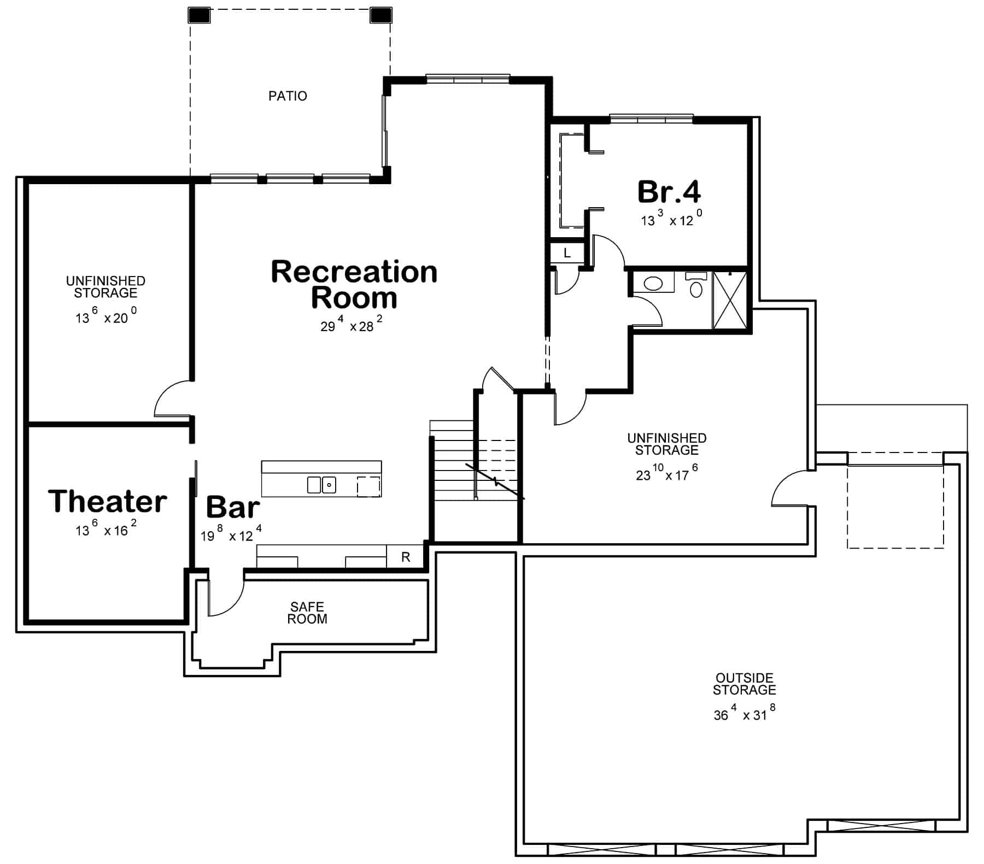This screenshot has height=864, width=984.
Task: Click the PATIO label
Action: (288, 96)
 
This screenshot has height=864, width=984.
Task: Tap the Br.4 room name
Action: (669, 192)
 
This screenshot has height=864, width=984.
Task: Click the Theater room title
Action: (108, 501)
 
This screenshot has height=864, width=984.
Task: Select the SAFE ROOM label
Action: (307, 613)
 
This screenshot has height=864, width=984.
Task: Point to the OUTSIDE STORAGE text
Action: (744, 684)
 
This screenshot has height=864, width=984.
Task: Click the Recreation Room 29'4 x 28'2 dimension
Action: (351, 326)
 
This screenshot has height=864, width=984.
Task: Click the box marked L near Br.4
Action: (567, 253)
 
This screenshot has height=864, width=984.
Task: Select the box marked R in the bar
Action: (406, 557)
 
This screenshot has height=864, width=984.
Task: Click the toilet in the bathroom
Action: (696, 286)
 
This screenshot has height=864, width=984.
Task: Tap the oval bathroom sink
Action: (653, 283)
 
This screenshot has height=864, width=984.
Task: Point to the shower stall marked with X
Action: (730, 300)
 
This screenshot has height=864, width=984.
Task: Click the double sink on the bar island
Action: (321, 485)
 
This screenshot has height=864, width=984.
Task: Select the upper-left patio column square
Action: (199, 15)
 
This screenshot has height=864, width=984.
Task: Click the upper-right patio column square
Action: (381, 15)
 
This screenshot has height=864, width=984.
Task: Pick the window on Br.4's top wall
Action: (651, 119)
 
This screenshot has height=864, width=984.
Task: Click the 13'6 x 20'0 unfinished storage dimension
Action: (106, 318)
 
